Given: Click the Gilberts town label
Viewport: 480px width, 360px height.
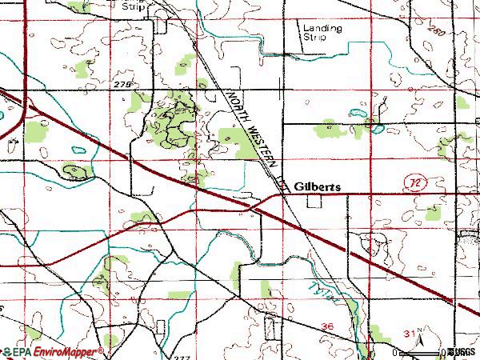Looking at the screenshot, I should click(317, 186).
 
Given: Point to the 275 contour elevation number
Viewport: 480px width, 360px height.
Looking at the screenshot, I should click(122, 83).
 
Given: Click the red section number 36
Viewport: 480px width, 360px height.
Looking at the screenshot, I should click(326, 326).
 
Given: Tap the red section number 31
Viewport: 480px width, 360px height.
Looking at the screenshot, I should click(409, 332).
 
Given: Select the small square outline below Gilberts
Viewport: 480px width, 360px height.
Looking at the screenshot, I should click(314, 201).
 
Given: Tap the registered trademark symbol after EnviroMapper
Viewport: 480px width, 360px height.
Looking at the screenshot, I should click(101, 349).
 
